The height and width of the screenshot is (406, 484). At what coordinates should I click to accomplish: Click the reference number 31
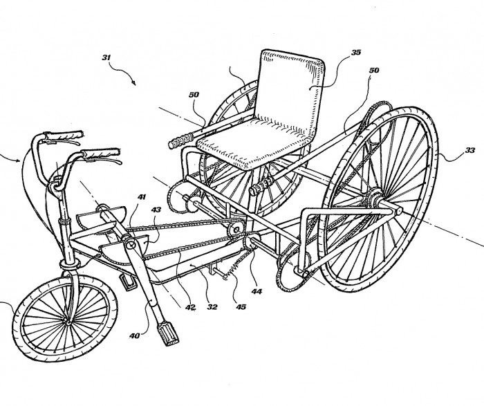pos(106,57)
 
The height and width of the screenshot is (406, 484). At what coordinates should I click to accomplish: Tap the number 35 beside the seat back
pos(356,52)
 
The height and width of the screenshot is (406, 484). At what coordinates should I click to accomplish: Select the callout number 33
pos(470,150)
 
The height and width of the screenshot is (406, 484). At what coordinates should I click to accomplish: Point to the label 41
pos(142,196)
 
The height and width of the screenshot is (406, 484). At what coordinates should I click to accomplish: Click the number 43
pos(156,210)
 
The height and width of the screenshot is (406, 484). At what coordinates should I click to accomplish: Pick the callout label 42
pos(190,307)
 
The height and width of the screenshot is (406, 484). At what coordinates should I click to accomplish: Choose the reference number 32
pos(212,306)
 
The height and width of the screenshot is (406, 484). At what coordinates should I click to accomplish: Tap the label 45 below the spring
pos(241,306)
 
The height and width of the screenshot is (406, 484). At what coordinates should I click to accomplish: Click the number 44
pos(257,291)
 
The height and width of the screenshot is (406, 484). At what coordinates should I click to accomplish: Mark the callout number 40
pos(135,335)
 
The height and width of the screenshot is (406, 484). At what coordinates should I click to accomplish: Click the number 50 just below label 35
pos(374,70)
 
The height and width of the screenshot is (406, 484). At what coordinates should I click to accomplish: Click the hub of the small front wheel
pos(67,322)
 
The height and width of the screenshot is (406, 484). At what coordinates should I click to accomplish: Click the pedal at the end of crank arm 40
pos(168,333)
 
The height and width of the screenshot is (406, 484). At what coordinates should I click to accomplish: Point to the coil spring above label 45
pos(237,263)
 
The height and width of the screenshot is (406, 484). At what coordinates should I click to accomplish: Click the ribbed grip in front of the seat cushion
pos(182,141)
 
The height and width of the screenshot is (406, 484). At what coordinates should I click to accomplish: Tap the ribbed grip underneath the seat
pos(260,187)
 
